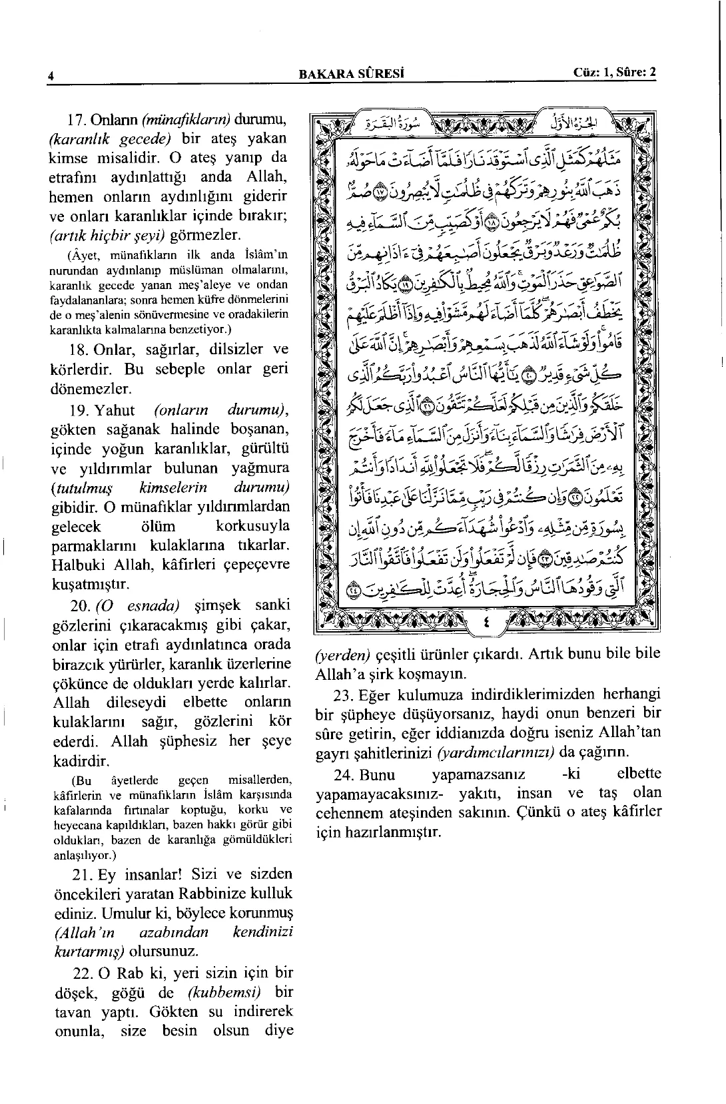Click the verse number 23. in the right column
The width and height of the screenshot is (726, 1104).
tap(344, 695)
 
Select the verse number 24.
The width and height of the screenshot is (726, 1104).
tap(344, 774)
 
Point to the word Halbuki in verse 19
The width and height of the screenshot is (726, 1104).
tap(77, 565)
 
